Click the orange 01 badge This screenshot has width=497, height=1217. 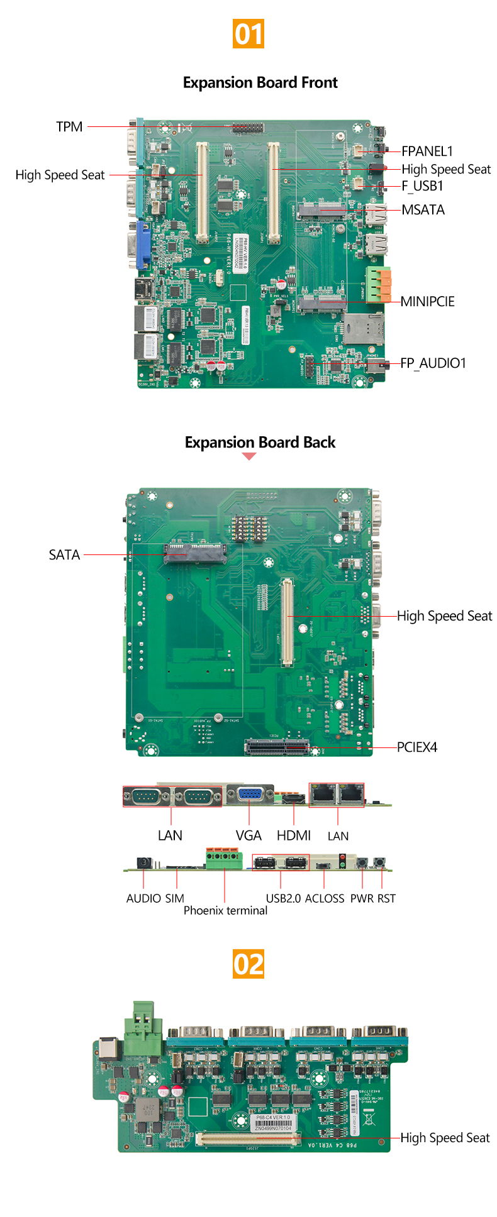point(248,33)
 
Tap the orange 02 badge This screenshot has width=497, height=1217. point(248,964)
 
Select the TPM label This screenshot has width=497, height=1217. point(69,126)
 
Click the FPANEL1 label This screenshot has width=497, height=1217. point(427,151)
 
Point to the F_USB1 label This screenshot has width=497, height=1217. point(422,186)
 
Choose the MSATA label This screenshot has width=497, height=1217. point(423,210)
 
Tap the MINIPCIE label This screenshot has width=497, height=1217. point(427,302)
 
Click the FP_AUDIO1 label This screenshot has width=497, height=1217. point(433,363)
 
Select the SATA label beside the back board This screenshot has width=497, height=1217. point(64,555)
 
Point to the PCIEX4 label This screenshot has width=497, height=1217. point(416,747)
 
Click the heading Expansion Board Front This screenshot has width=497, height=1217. point(260,82)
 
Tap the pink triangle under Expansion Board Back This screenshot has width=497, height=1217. point(249,456)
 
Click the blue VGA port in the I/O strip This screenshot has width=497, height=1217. point(250,795)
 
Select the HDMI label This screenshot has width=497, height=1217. point(294,835)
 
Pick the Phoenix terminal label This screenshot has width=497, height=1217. point(225,910)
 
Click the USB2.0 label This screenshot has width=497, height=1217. point(283,898)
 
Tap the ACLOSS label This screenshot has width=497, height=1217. point(325,898)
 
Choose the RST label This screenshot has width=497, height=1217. point(386,898)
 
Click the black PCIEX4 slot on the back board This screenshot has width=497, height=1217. point(277,747)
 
